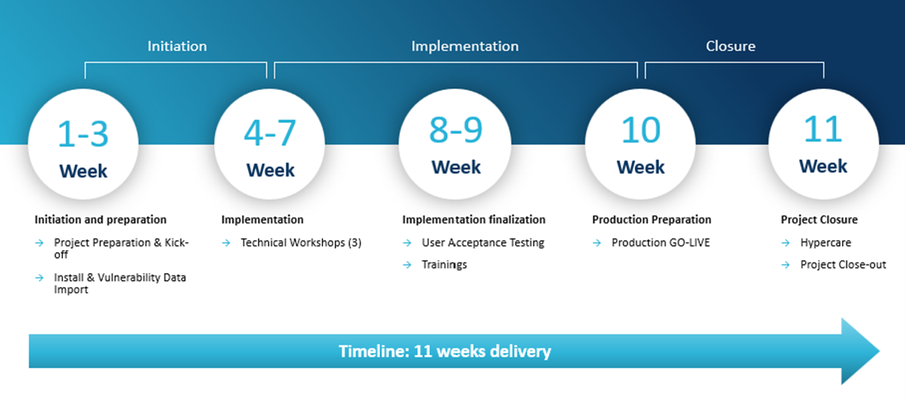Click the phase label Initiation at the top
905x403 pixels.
177,46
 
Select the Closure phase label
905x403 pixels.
730,46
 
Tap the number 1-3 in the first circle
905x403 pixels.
83,134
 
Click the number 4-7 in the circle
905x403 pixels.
270,133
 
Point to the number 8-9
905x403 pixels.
456,130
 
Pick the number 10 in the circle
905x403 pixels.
641,130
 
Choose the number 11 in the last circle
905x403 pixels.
823,129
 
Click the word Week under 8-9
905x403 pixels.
456,167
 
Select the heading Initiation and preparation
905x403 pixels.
100,220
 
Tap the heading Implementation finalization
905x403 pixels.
473,220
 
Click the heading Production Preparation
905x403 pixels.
651,220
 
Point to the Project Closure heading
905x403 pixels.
819,220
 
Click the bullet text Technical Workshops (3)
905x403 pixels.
301,243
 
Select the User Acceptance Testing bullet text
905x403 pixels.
483,243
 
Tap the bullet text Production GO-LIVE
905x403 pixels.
661,243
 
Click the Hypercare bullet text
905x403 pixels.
825,243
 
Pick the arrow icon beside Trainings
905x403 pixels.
407,265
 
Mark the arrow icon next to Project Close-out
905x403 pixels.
785,265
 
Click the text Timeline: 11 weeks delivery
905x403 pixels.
444,352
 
